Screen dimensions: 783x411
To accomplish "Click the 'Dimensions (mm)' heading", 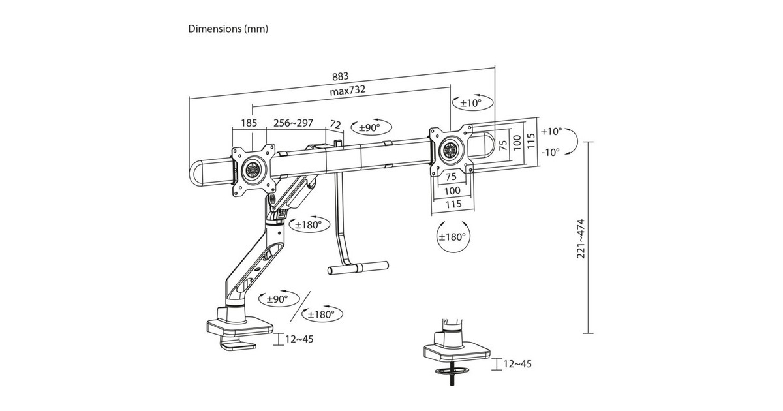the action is point(228,29).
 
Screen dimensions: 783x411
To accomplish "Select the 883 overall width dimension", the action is point(340,76).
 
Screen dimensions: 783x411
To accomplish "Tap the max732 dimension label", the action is point(347,90).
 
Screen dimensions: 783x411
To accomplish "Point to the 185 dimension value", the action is point(249,123).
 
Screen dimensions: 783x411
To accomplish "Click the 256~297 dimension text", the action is point(293,123).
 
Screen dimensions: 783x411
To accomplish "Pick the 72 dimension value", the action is point(335,125).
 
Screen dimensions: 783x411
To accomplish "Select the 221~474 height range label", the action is point(581,239).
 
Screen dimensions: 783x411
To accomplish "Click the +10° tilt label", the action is point(551,131).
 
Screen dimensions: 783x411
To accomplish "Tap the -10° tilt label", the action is point(550,153).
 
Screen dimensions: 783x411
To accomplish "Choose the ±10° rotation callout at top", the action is point(471,103).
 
